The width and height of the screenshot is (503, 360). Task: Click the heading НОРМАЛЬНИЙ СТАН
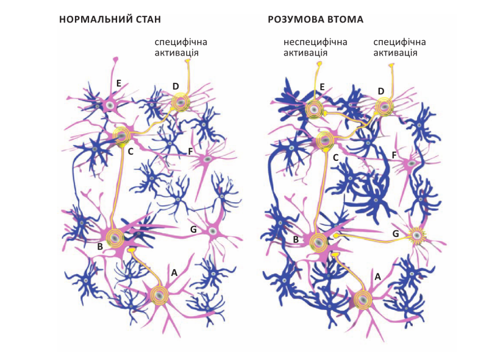(x=110, y=19)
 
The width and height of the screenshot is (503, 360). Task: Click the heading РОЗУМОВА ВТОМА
(x=315, y=19)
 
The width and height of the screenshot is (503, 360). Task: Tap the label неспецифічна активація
(x=315, y=48)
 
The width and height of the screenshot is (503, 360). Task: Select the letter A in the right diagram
(x=377, y=277)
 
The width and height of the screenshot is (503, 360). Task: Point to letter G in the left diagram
(x=193, y=230)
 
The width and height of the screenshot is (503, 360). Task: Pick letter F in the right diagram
(x=394, y=155)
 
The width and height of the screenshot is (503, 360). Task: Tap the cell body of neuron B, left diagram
(x=114, y=238)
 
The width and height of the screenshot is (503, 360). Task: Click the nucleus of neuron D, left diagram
(x=180, y=102)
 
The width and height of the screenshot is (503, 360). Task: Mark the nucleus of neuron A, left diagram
(x=159, y=295)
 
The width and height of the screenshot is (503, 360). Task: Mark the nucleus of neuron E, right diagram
(x=314, y=110)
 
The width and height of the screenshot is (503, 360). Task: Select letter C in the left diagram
(x=130, y=150)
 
